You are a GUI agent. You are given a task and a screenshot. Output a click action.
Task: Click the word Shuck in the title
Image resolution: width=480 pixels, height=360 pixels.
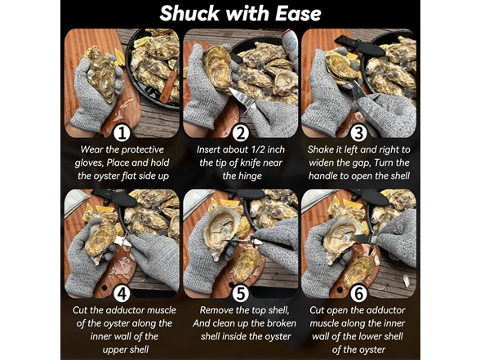[x=189, y=14]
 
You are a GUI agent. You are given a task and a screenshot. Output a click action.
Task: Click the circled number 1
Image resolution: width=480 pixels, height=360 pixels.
[x=122, y=133]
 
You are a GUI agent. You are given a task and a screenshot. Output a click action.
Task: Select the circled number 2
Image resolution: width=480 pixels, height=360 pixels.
[x=241, y=133]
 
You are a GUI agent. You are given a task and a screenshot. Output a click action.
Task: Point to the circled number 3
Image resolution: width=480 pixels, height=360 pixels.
[x=359, y=133]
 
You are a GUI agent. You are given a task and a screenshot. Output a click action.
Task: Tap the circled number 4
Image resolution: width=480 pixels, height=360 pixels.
[x=122, y=294]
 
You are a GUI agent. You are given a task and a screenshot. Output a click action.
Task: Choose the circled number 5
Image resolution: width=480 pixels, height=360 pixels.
[x=241, y=294]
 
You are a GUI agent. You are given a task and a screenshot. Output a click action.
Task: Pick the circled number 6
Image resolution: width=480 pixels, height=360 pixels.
[x=359, y=294]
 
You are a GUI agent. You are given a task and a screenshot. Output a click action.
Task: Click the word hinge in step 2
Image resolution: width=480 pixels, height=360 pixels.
[x=250, y=176]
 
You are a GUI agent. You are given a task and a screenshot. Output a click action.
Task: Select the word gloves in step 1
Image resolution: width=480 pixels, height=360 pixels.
[x=89, y=163]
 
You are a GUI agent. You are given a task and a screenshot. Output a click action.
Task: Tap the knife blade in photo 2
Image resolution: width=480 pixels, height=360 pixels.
[x=241, y=97]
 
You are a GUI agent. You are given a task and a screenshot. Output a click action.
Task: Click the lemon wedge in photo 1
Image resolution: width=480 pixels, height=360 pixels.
[x=120, y=57]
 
